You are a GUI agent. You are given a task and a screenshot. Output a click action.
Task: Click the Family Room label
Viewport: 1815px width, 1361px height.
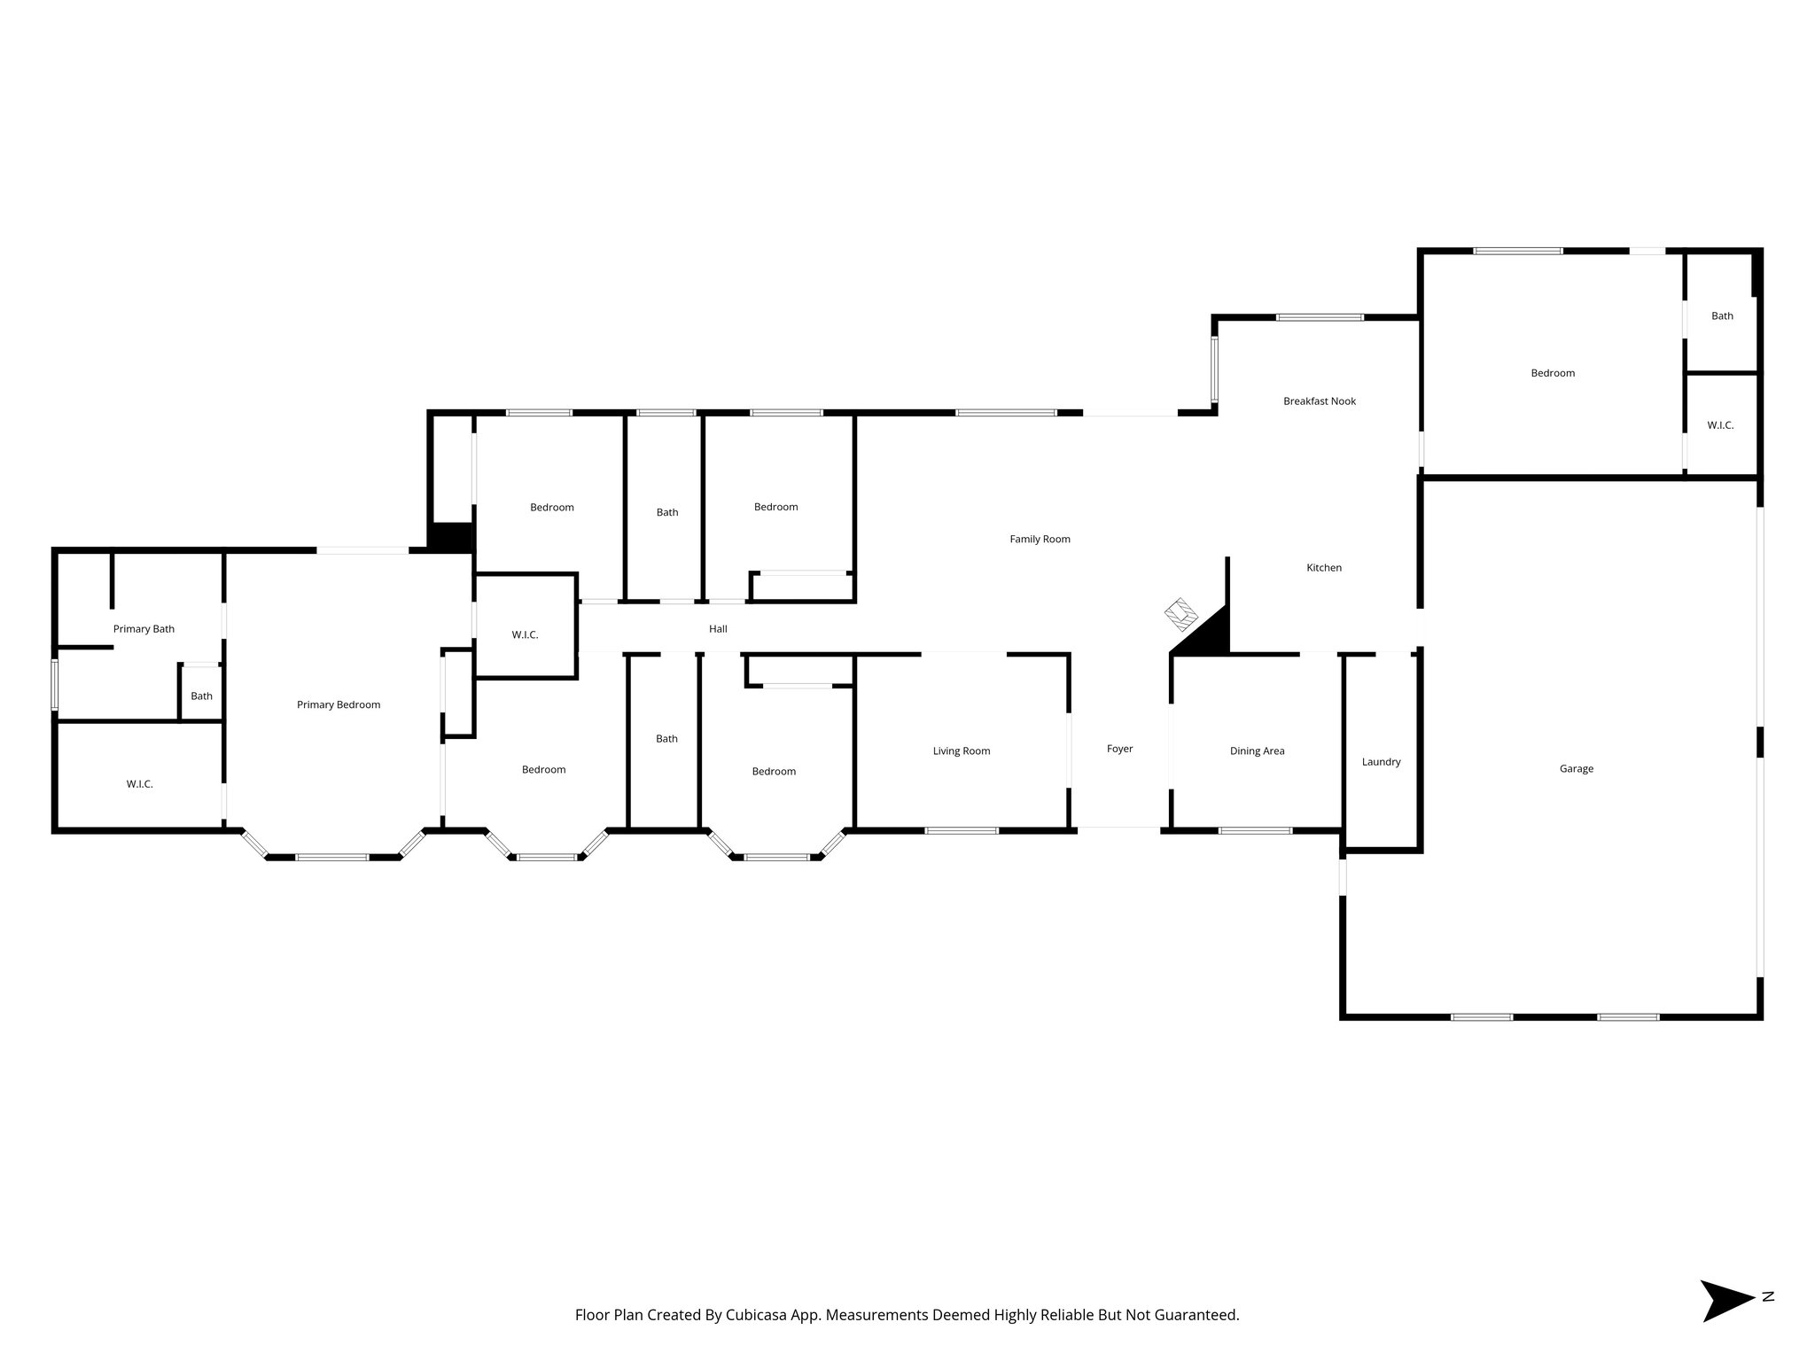pyautogui.click(x=1040, y=539)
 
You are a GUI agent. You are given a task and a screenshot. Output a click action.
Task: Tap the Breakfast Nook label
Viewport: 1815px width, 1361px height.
pyautogui.click(x=1320, y=401)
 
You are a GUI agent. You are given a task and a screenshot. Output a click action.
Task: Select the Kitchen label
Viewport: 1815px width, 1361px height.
pyautogui.click(x=1324, y=568)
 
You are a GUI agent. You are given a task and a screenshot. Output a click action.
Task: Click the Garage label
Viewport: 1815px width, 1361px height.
pyautogui.click(x=1577, y=769)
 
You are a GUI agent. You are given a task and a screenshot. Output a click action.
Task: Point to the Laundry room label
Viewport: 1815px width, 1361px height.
pyautogui.click(x=1381, y=762)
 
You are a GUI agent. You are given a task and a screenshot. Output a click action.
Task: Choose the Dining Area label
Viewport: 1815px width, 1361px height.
pyautogui.click(x=1257, y=751)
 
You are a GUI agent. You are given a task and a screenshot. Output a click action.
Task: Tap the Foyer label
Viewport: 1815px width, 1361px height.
pyautogui.click(x=1119, y=749)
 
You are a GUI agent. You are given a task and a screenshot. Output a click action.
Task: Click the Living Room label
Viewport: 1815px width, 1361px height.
pyautogui.click(x=962, y=751)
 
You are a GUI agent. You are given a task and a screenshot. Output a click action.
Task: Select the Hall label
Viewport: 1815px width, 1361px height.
pyautogui.click(x=718, y=629)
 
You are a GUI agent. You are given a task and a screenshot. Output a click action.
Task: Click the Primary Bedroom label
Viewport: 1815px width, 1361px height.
pyautogui.click(x=339, y=705)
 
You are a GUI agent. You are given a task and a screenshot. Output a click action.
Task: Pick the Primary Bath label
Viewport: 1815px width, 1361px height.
pyautogui.click(x=144, y=629)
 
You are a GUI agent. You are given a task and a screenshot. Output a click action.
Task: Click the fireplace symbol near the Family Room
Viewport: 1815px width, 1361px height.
pyautogui.click(x=1180, y=612)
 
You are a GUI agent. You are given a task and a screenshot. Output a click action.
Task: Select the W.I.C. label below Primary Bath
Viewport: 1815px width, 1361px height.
pyautogui.click(x=139, y=784)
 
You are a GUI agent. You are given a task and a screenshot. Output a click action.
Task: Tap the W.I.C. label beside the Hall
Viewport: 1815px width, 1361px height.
pyautogui.click(x=525, y=635)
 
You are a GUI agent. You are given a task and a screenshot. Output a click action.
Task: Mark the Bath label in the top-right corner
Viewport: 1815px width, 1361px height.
pyautogui.click(x=1722, y=316)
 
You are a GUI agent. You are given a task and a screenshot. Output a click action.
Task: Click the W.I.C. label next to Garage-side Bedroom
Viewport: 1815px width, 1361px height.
pyautogui.click(x=1720, y=425)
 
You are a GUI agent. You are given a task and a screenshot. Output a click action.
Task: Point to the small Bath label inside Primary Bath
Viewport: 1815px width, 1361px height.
pyautogui.click(x=201, y=696)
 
